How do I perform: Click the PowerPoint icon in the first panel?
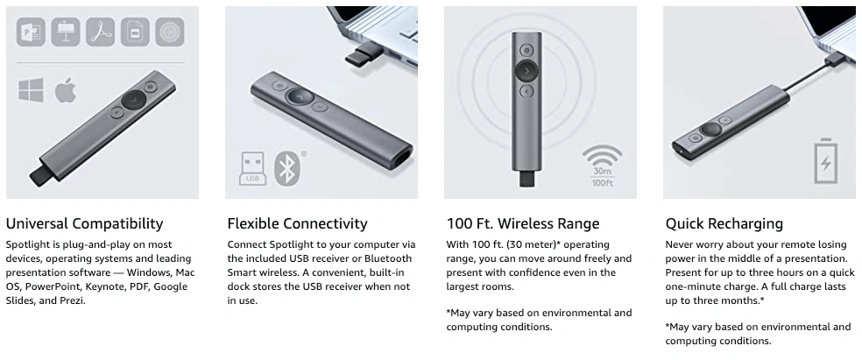click(31, 32)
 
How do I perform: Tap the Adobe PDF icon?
click(101, 32)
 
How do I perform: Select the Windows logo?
click(32, 90)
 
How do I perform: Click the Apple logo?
click(66, 90)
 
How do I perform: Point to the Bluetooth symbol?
click(287, 168)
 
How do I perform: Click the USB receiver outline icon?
click(252, 168)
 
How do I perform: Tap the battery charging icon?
click(826, 160)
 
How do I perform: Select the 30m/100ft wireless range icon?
click(603, 166)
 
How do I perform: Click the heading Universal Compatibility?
click(85, 223)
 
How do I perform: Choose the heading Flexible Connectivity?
click(298, 223)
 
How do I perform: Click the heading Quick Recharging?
click(724, 223)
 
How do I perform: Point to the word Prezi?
click(73, 300)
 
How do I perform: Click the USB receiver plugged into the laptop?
click(365, 53)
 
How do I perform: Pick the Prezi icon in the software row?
click(170, 32)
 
